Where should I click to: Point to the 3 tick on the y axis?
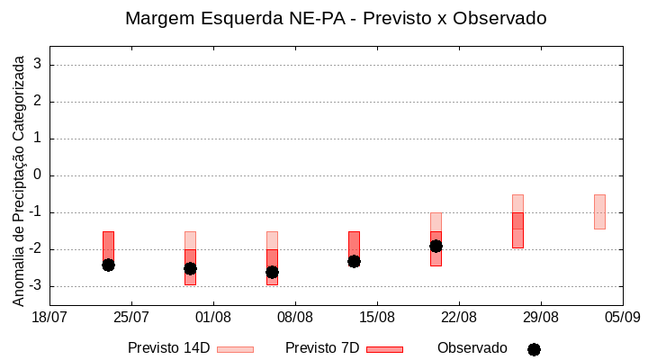click(x=38, y=65)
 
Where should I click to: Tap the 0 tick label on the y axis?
click(x=38, y=175)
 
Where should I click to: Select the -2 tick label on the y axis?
click(x=34, y=249)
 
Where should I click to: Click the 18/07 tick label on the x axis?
click(x=49, y=317)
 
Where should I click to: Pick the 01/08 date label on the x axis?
click(x=213, y=317)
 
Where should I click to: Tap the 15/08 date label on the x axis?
click(x=377, y=317)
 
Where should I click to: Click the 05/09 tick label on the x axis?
click(x=622, y=317)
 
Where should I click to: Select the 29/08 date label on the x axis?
click(x=540, y=317)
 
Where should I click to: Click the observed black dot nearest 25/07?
click(x=108, y=265)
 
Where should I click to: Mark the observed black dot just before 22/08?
click(x=436, y=246)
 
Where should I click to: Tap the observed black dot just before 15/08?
click(x=354, y=261)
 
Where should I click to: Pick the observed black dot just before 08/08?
click(x=272, y=272)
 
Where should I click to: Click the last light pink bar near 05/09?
click(x=599, y=211)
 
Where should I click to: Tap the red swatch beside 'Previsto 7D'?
click(x=384, y=349)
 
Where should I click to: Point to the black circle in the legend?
click(x=534, y=349)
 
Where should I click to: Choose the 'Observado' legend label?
click(x=472, y=348)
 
